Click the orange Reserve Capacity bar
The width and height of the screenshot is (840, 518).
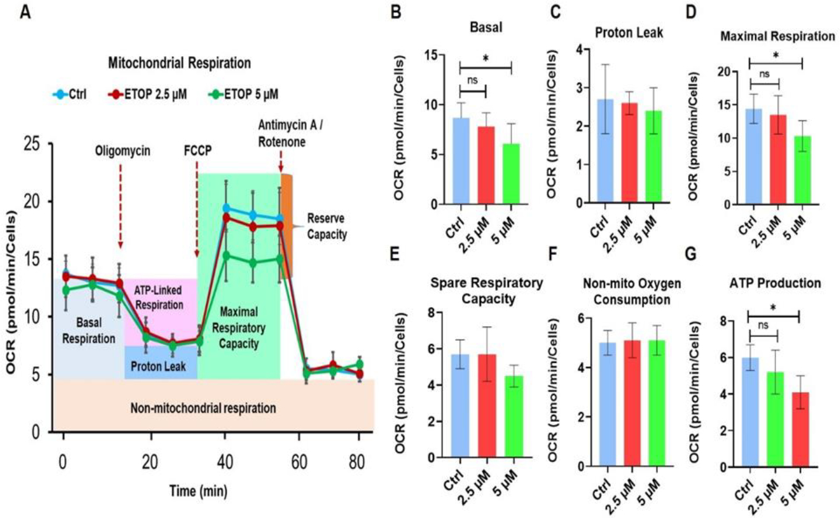(x=286, y=223)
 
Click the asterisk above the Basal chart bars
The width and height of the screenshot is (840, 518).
(x=486, y=59)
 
